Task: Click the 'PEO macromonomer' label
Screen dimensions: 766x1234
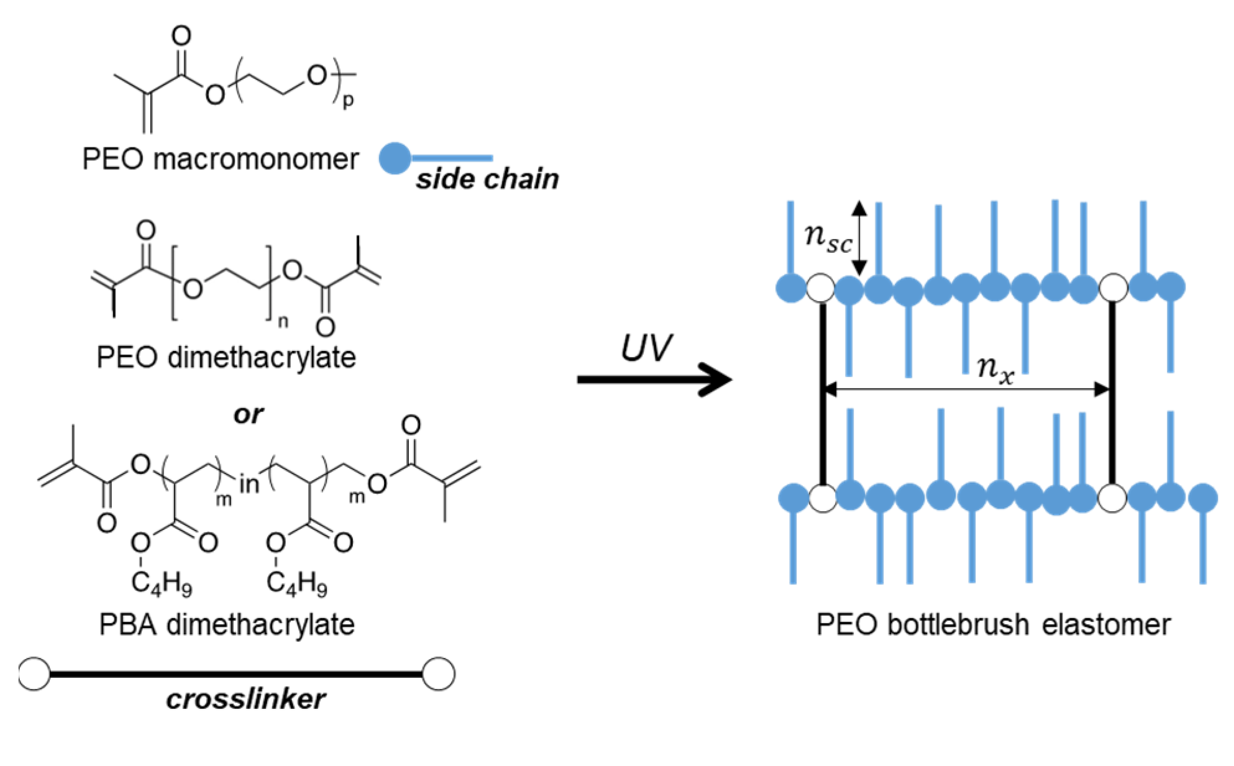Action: coord(221,159)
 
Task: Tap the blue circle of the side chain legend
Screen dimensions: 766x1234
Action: coord(395,158)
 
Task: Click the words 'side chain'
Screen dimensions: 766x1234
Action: coord(487,179)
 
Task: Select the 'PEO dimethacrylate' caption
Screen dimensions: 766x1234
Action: coord(226,357)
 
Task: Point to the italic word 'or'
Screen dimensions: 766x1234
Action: coord(249,414)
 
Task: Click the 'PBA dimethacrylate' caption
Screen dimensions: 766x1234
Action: coord(227,624)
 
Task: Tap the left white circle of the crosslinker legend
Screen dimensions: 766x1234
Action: coord(34,673)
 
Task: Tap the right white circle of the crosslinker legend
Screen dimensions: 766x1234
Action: coord(438,673)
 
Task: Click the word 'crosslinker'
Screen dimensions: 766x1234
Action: coord(245,700)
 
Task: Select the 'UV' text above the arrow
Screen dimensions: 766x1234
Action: coord(646,348)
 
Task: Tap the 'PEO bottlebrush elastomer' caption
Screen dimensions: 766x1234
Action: coord(993,624)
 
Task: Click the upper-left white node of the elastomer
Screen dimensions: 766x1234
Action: coord(821,288)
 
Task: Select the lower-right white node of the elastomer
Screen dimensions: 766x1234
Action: coord(1112,498)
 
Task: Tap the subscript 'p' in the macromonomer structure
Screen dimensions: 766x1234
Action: coord(348,99)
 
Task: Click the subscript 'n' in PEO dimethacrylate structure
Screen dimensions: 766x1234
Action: coord(283,321)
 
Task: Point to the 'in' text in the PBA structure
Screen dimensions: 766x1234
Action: coord(249,484)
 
